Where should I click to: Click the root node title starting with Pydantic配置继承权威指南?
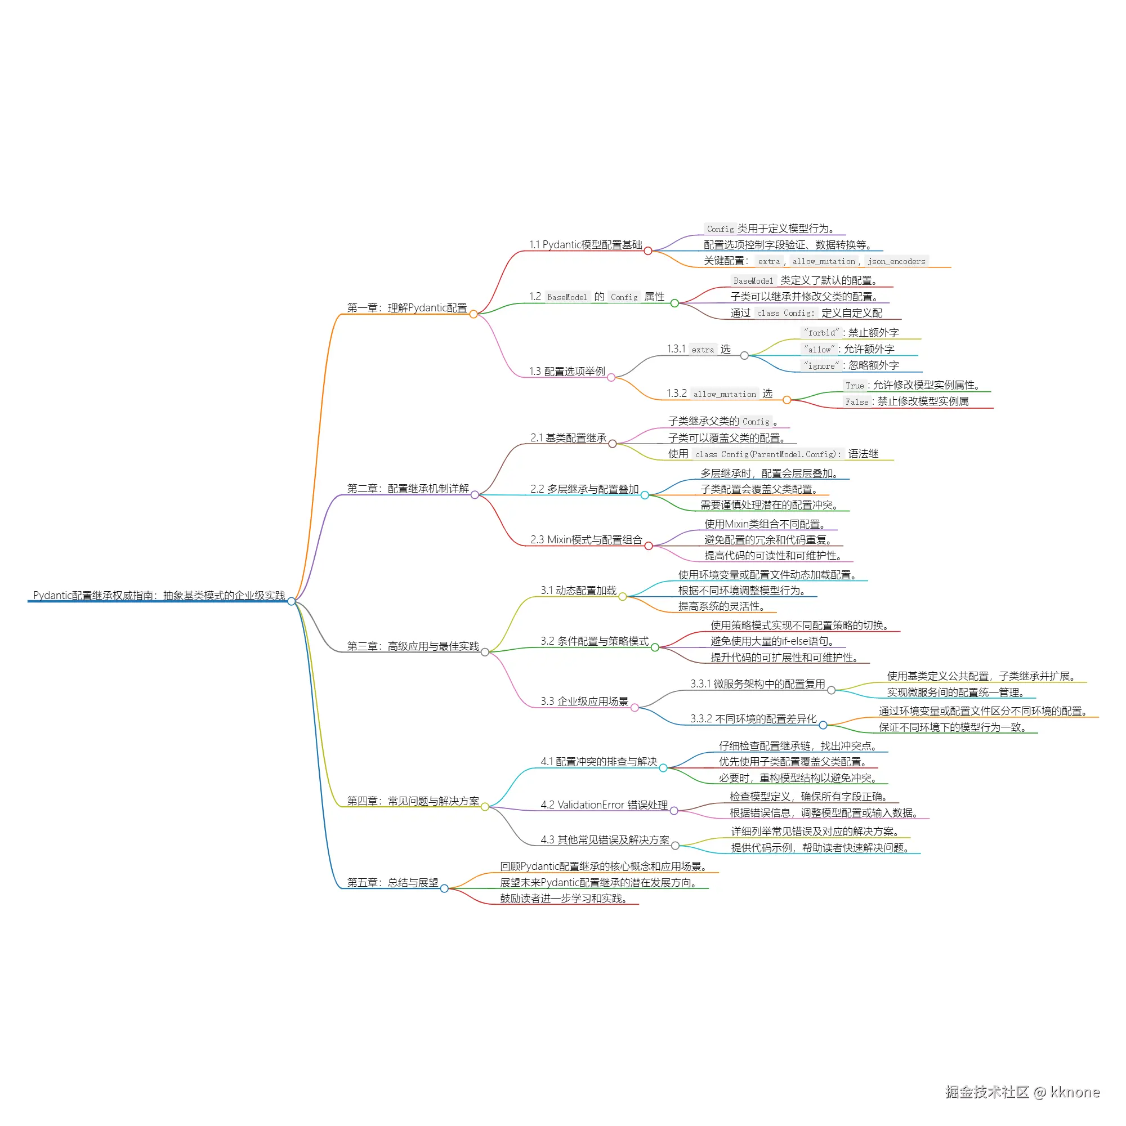(159, 595)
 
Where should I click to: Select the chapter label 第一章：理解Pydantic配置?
(407, 308)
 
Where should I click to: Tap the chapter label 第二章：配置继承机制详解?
(408, 488)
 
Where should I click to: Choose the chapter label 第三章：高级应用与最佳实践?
(413, 646)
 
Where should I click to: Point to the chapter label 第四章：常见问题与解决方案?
(413, 801)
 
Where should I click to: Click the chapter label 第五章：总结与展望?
(393, 882)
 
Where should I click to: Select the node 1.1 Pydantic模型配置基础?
(586, 245)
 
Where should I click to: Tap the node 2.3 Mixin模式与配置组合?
(586, 540)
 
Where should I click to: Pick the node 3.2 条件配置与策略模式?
(595, 641)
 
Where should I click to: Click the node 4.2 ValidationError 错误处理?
(604, 805)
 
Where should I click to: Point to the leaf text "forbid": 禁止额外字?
(851, 333)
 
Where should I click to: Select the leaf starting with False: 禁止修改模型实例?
(907, 401)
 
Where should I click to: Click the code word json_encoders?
(896, 262)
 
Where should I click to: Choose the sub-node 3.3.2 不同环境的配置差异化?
(754, 718)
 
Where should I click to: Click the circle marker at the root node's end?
(292, 601)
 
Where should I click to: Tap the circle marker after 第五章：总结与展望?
(445, 889)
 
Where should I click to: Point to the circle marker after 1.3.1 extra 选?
(744, 355)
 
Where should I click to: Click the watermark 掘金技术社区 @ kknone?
(1022, 1092)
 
